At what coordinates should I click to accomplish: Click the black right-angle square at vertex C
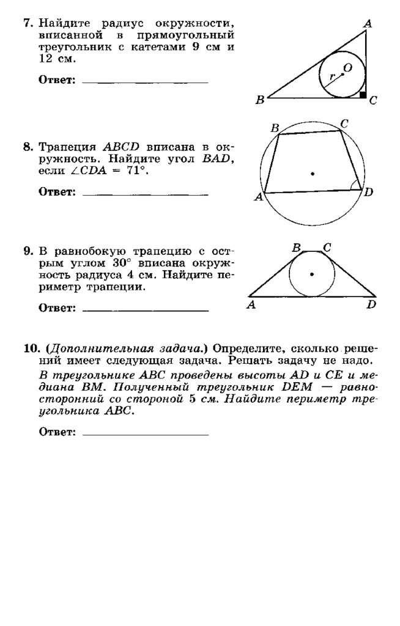[363, 95]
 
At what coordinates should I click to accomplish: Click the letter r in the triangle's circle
[332, 78]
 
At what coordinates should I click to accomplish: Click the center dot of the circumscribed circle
[312, 174]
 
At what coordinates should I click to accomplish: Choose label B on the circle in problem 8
[275, 128]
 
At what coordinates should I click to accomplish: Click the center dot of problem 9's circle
[312, 274]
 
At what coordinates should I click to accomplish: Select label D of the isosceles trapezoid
[371, 304]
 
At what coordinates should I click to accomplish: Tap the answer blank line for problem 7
[144, 82]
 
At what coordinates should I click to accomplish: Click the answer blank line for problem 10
[144, 435]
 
